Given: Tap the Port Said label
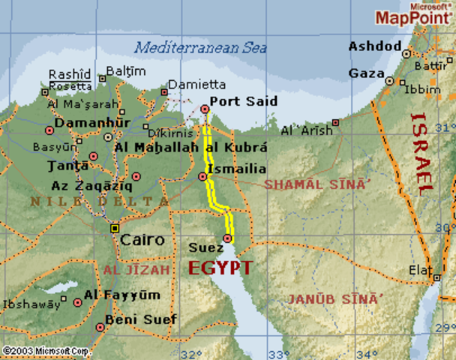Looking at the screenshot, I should coord(243,100).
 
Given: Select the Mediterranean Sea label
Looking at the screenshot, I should coord(200,47).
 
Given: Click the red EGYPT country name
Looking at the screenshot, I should coord(220,268).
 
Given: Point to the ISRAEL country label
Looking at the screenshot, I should coord(423,154).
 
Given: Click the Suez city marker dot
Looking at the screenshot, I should coord(227,238).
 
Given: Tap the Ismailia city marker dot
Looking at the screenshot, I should coord(202,176).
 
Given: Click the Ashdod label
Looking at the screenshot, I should coord(374,46).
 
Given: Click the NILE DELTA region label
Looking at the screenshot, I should coord(99,202).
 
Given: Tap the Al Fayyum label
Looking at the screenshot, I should coord(121,295).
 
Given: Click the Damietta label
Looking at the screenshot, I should coord(196,85).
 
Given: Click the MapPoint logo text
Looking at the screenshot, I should coord(412,17).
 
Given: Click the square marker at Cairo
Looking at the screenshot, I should coord(114,227).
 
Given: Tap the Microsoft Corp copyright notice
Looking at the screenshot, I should coord(46,350).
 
